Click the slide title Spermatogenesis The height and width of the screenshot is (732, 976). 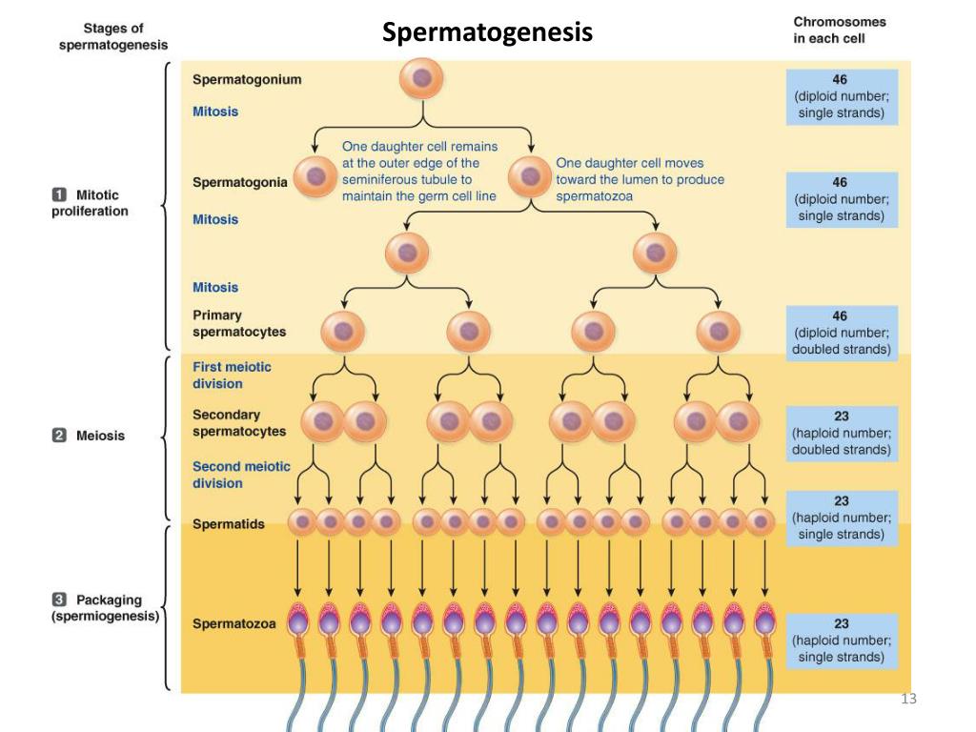tap(487, 33)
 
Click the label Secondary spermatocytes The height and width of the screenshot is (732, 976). tap(239, 423)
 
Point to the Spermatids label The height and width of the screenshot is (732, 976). tap(229, 524)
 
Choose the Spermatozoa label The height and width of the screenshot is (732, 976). tap(234, 624)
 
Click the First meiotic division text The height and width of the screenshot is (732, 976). tap(232, 375)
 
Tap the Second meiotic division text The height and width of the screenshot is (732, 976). tap(241, 475)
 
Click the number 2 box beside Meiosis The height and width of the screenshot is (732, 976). tap(58, 436)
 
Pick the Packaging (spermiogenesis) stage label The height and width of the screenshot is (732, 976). tap(105, 608)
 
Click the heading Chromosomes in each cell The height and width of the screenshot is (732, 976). tap(839, 30)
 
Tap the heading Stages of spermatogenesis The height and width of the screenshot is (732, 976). tap(113, 37)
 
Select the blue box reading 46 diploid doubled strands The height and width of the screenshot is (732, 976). tap(841, 332)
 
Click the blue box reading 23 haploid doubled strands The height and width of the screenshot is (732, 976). tap(841, 432)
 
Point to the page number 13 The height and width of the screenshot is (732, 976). tap(907, 701)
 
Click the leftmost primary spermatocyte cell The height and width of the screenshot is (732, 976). tap(343, 332)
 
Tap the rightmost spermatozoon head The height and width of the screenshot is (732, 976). tap(763, 620)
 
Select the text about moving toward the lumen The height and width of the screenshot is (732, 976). tap(640, 179)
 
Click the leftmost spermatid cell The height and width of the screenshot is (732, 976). tap(301, 521)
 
